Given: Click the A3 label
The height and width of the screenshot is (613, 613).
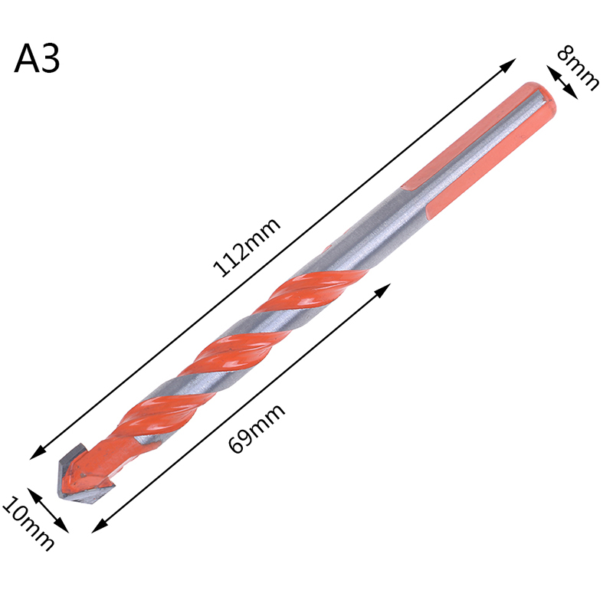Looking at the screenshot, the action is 37,59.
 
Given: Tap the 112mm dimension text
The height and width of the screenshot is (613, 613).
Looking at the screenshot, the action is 247,247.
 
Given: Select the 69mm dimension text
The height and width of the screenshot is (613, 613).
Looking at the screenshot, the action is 257,428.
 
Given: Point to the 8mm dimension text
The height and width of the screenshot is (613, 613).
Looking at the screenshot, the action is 578,67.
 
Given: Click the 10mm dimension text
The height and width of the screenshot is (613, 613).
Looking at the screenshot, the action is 28,524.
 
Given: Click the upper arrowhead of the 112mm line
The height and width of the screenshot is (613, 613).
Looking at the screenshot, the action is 507,65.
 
